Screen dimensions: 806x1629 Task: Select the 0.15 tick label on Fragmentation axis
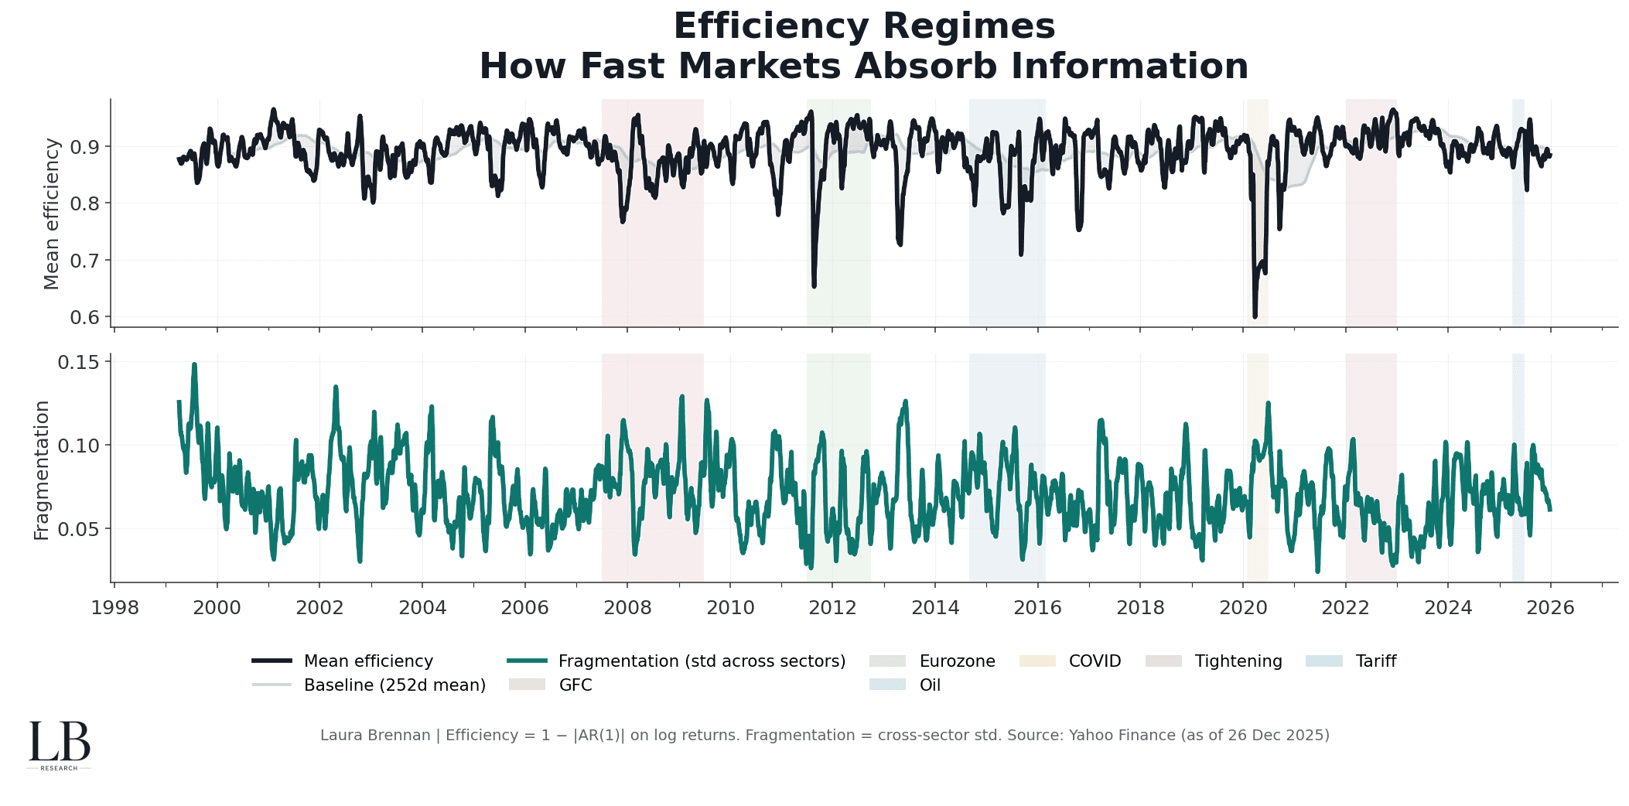(79, 362)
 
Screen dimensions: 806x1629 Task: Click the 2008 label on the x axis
(627, 608)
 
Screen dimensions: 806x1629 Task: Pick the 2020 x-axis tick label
(1243, 608)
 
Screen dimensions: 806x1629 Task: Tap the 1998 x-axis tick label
(114, 608)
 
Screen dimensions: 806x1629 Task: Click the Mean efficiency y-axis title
(51, 213)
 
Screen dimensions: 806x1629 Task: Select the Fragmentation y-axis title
(42, 470)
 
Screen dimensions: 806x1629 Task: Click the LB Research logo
(60, 745)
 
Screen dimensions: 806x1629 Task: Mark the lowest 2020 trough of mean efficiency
(1255, 316)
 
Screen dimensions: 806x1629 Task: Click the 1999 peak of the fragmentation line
(194, 364)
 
